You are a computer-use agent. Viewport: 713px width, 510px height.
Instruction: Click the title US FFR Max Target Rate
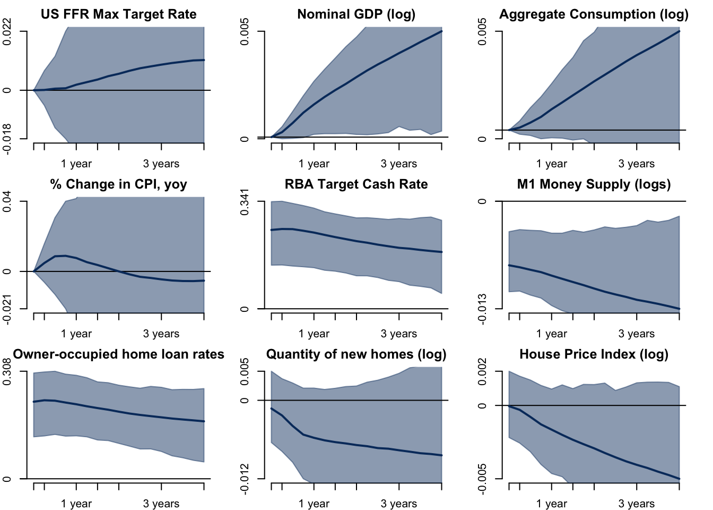tap(118, 14)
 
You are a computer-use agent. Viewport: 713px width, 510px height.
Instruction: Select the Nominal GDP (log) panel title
tap(356, 14)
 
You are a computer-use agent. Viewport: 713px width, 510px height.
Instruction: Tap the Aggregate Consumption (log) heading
tap(594, 14)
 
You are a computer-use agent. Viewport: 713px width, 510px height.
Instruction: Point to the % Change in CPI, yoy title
tap(118, 184)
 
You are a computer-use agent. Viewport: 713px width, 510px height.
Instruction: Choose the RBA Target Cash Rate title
tap(356, 184)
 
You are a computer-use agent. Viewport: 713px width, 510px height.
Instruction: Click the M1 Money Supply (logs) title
tap(594, 184)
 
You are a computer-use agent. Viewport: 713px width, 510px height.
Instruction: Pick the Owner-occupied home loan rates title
tap(118, 354)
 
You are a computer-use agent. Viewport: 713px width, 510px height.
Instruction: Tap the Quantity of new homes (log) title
tap(356, 354)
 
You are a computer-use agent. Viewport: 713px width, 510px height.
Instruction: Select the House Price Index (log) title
tap(594, 354)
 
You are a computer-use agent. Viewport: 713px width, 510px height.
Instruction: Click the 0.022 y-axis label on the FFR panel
tap(7, 32)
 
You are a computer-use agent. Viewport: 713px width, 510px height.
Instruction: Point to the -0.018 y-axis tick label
tap(7, 139)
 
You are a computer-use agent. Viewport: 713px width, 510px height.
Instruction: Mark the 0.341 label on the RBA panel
tap(245, 202)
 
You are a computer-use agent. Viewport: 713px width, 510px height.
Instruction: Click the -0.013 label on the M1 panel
tap(482, 308)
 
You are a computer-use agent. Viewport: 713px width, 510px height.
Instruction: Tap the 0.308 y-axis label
tap(7, 372)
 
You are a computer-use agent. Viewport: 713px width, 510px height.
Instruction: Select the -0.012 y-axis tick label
tap(245, 478)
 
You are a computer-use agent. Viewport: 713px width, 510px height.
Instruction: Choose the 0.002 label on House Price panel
tap(482, 372)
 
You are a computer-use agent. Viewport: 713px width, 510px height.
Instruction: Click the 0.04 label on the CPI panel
tap(7, 202)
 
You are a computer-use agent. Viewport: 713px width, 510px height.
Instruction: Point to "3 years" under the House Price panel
tap(636, 504)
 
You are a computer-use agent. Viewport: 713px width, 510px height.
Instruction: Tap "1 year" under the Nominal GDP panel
tap(314, 164)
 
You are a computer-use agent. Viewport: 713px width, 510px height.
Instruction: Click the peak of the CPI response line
tap(65, 256)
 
